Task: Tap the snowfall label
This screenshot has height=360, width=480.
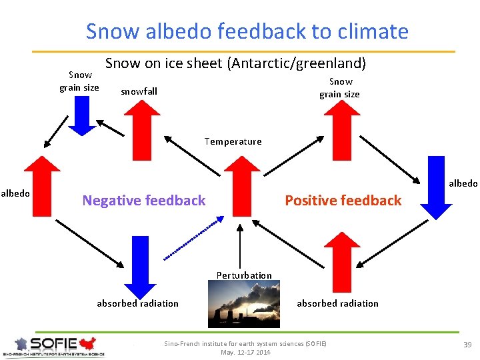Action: (x=139, y=91)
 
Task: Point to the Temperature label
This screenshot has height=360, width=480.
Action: (x=233, y=141)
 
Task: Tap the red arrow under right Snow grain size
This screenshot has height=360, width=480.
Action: (x=340, y=121)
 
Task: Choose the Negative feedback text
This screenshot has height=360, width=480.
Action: (x=143, y=200)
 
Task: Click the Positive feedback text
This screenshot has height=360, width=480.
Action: (x=343, y=200)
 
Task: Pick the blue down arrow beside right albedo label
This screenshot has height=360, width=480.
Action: (x=436, y=187)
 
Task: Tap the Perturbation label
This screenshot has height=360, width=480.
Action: (x=244, y=275)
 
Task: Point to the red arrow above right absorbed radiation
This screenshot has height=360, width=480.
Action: (x=341, y=264)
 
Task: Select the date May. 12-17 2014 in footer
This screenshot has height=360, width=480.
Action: (x=245, y=352)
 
